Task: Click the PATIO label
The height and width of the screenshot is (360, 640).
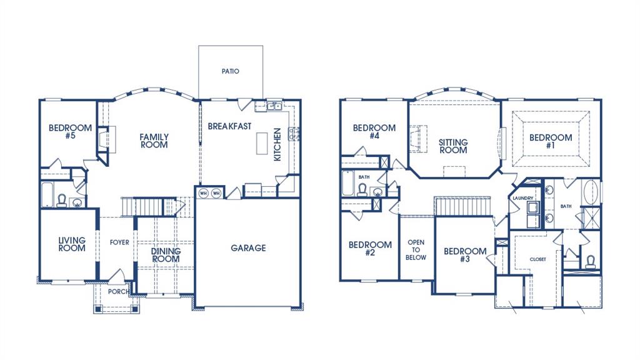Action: coord(230,71)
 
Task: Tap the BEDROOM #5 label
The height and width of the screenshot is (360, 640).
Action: coord(70,132)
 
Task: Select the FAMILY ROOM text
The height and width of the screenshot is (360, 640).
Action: coord(154,141)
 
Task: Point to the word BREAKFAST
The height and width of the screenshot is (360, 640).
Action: coord(229,126)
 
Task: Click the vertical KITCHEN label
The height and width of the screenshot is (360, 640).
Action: coord(277,145)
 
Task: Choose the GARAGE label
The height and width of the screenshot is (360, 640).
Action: coord(248,248)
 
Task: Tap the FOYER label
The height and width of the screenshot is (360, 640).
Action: coord(119,242)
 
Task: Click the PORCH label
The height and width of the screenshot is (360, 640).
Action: coord(119,292)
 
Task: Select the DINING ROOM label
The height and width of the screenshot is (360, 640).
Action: coord(166,255)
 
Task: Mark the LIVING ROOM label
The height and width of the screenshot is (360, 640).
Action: coord(72,244)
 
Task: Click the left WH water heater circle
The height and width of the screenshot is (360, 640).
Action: coord(203,193)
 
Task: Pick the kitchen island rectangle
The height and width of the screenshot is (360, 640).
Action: coord(260,145)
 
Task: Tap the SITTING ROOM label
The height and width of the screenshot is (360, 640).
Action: coord(453,146)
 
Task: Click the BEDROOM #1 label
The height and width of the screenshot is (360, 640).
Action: coord(551,142)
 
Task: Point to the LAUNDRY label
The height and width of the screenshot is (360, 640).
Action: coord(522,198)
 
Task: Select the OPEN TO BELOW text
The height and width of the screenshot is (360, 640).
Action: coord(416,249)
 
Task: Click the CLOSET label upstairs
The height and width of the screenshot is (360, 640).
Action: coord(537,259)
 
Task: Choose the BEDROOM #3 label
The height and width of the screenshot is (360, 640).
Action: coord(465,256)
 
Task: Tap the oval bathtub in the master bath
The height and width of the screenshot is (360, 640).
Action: coord(591,193)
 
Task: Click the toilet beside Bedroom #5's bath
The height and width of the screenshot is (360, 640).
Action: coord(62,199)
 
